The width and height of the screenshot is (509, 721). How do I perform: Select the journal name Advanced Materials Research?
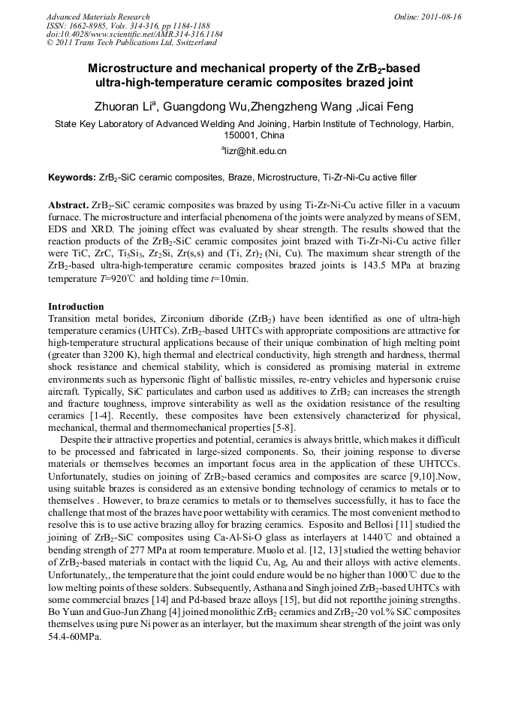click(x=98, y=17)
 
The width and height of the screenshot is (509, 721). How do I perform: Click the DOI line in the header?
click(x=134, y=35)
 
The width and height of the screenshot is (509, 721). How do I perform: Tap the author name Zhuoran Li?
click(x=125, y=107)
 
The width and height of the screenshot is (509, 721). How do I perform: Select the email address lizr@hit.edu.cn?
click(x=256, y=150)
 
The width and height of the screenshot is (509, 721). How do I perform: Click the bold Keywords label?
click(x=71, y=178)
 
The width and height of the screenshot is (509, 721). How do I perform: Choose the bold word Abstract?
click(x=68, y=205)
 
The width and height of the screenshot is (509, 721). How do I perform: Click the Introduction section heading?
click(x=76, y=307)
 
